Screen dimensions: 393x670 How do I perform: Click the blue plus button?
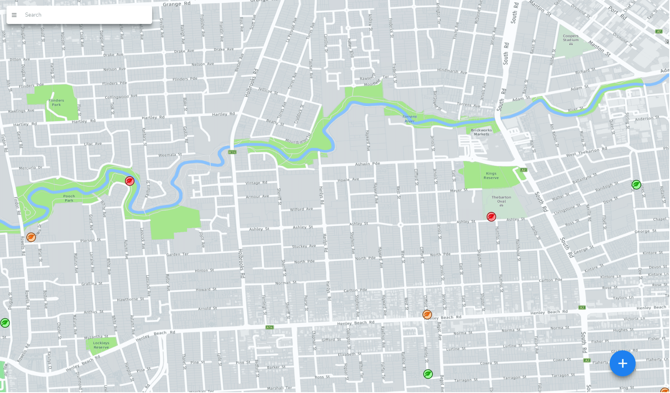tap(622, 363)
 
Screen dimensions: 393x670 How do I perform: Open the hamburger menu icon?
tap(14, 15)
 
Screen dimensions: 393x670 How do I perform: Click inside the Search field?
tap(85, 15)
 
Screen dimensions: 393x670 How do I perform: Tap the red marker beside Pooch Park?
tap(129, 181)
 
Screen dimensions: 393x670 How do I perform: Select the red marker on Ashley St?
tap(491, 217)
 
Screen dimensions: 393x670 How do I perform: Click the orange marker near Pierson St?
tap(31, 238)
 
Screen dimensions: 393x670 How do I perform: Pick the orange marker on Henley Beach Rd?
tap(427, 315)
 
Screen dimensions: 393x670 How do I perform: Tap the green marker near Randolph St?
tap(636, 185)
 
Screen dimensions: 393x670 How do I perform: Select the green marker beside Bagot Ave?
tap(428, 374)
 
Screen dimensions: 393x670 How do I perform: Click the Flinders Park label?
tap(56, 102)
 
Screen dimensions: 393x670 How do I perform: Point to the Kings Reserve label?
tap(491, 175)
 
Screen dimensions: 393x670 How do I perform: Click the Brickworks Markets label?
tap(481, 132)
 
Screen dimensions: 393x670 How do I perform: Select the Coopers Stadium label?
tap(571, 38)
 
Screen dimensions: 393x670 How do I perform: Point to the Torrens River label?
tap(409, 119)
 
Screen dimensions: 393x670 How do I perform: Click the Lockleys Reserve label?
tap(101, 345)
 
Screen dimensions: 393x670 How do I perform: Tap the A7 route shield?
tap(659, 31)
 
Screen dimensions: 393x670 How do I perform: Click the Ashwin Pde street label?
tap(367, 164)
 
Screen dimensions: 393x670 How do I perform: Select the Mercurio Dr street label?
tap(30, 168)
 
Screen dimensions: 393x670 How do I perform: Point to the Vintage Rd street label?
tap(256, 183)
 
